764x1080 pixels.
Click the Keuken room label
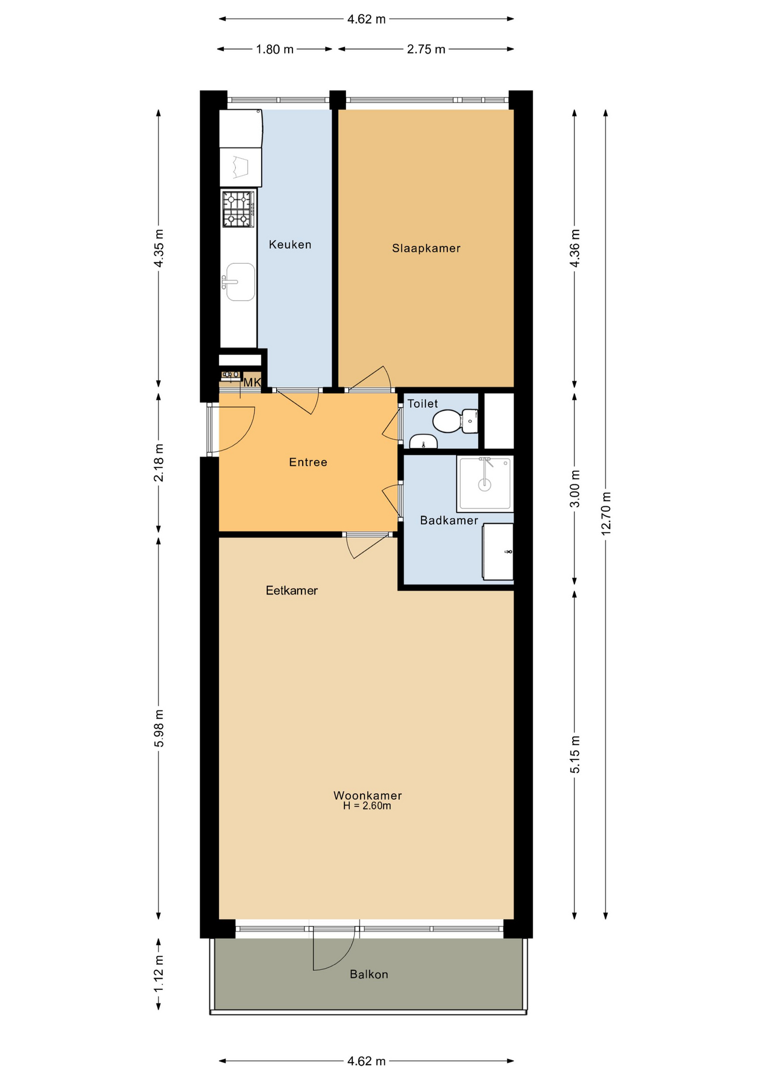290,245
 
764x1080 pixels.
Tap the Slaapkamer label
426,249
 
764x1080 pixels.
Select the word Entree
308,462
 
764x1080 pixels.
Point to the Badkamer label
449,520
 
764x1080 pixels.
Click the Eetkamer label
291,591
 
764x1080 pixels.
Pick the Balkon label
368,974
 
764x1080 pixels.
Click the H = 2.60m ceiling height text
367,805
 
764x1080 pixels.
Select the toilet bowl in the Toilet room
447,421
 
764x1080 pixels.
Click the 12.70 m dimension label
606,514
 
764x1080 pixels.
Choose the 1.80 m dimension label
275,49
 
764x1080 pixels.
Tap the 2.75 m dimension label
426,49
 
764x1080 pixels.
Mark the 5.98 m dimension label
159,728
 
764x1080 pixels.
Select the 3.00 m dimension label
575,489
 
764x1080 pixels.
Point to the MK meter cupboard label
252,382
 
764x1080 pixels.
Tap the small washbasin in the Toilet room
423,442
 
